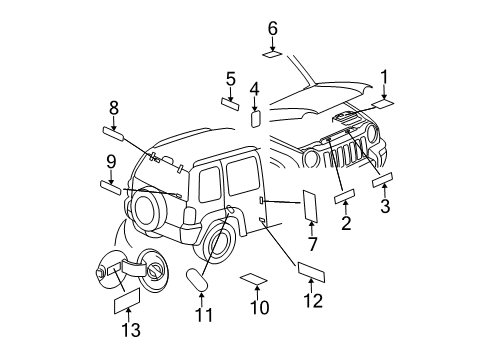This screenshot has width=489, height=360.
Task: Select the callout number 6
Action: pos(272,28)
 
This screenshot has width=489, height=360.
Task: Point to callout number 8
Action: pos(114,106)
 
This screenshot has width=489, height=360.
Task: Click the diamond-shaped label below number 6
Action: pos(272,53)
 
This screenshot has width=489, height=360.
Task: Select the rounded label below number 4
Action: pos(254,118)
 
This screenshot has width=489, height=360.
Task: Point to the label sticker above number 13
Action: pos(128,299)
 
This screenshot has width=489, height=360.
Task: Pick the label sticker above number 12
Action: pos(313,270)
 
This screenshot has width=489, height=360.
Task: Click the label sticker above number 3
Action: pos(383,179)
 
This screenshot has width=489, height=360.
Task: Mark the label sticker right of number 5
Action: pos(230,103)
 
